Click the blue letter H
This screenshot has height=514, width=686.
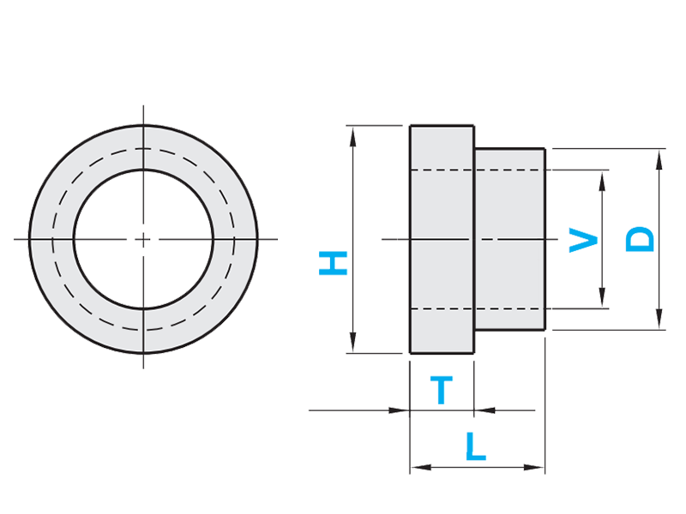coord(333,263)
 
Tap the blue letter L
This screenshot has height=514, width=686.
coord(475,447)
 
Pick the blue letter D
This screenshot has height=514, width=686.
coord(640,240)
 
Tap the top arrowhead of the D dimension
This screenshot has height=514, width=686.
coord(659,154)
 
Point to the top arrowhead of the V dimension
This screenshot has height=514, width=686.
coord(604,176)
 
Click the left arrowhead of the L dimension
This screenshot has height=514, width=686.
coord(416,468)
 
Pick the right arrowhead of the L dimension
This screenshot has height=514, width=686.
coord(539,468)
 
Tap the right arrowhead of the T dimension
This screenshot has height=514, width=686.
coord(483,410)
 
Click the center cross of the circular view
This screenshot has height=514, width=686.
coord(144,239)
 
